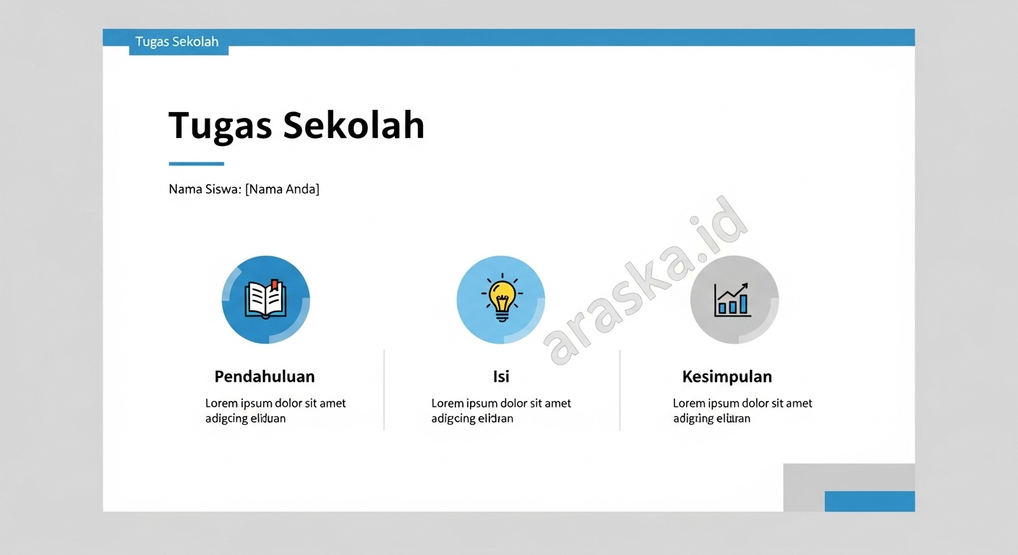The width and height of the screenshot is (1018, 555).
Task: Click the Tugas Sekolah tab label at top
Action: [177, 42]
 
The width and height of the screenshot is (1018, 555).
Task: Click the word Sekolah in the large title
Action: [354, 125]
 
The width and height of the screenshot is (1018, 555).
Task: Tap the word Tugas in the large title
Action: [220, 126]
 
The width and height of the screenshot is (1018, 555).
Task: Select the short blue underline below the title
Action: [196, 164]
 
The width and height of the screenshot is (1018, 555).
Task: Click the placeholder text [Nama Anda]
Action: [282, 189]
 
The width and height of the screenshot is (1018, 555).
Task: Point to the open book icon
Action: [265, 300]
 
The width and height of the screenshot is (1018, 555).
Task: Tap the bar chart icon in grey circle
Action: [733, 300]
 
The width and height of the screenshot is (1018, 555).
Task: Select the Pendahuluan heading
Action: [265, 377]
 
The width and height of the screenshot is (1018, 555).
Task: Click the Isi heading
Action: [501, 377]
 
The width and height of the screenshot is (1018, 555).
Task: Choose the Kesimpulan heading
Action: [727, 377]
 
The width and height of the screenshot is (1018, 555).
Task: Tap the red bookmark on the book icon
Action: [275, 285]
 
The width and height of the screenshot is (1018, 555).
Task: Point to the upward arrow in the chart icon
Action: [737, 291]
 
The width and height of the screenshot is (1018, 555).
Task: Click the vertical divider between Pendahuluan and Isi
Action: [384, 390]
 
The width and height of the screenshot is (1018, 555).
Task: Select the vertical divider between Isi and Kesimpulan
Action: [620, 390]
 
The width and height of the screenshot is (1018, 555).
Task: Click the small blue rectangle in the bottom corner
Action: [869, 501]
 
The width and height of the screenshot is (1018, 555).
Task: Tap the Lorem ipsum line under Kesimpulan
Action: [743, 403]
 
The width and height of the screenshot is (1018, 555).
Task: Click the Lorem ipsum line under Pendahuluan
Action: [275, 403]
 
